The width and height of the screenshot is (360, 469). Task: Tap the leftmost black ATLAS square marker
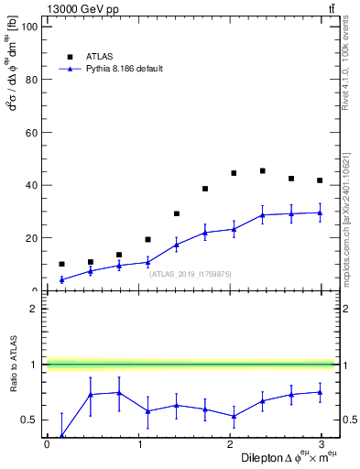click(x=61, y=264)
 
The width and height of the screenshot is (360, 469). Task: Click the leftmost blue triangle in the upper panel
click(x=61, y=279)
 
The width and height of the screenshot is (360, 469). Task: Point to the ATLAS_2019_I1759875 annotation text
click(x=191, y=273)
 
